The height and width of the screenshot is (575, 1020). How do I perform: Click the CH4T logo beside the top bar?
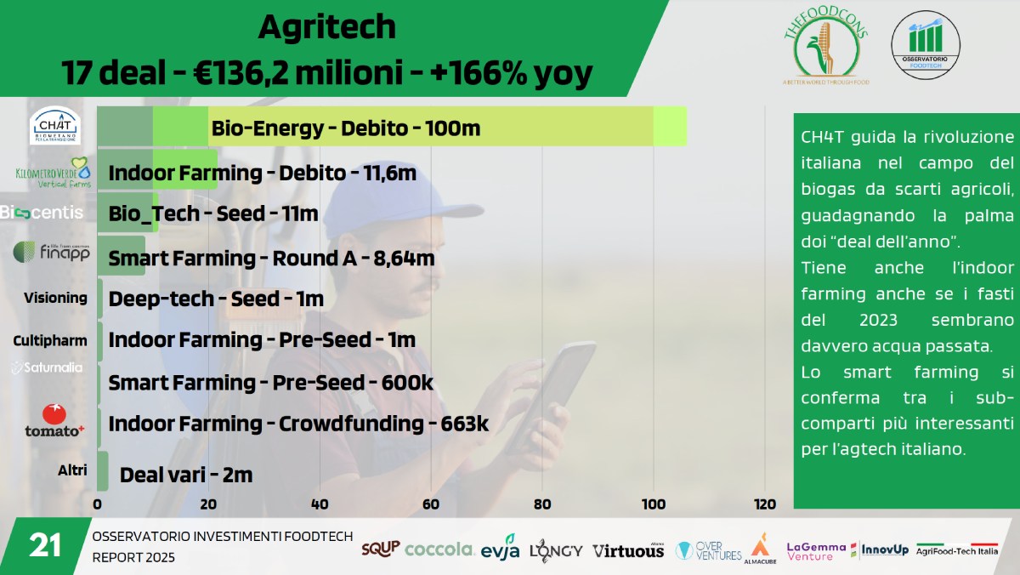55,125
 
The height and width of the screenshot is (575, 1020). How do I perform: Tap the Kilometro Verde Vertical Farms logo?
53,173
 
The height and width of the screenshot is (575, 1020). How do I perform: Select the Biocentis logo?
42,212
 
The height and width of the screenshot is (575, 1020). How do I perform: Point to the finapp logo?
52,253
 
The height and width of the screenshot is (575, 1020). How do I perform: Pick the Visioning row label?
55,298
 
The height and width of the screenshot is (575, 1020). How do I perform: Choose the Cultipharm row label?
50,340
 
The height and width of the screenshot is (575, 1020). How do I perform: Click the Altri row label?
72,470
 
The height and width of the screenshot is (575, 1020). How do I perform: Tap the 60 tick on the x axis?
431,504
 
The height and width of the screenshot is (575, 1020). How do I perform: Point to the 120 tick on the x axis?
765,504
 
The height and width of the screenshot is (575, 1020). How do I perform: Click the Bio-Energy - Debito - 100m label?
346,128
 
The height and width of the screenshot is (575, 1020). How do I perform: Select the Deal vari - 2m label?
186,475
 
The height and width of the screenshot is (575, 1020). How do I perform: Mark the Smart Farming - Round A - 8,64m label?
272,258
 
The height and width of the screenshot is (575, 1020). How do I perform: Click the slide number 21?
45,545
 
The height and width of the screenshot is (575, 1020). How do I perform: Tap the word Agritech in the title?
327,27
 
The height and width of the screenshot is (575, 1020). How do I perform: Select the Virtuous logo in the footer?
628,550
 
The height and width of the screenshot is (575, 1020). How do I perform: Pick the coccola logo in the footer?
439,549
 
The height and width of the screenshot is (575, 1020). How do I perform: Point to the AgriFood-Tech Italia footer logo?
956,549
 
